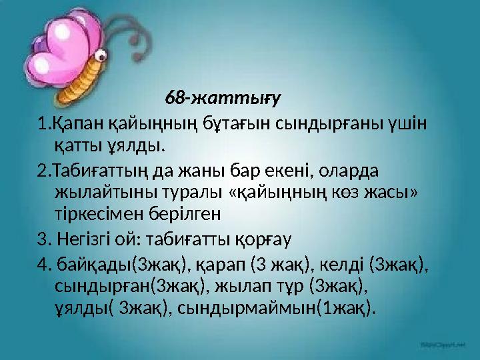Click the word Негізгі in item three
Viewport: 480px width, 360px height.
pos(86,239)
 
